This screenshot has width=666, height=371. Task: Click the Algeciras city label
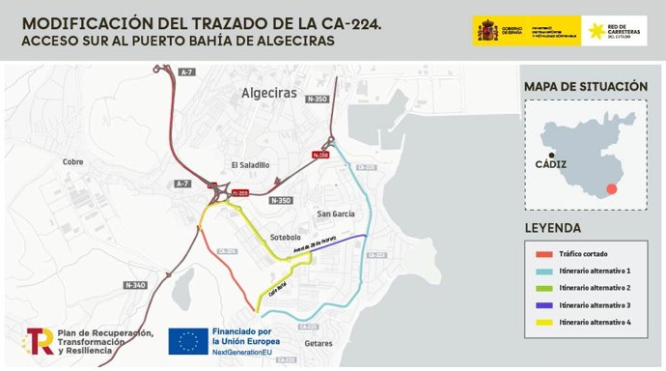click(267, 94)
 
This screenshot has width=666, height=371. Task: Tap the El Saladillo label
click(250, 165)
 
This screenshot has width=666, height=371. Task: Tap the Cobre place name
click(73, 162)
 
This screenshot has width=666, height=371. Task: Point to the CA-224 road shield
click(228, 251)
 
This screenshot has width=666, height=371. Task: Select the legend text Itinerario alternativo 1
click(595, 271)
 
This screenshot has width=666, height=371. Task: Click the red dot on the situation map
click(611, 190)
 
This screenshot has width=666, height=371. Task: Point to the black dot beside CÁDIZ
click(551, 156)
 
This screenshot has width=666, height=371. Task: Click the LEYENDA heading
click(553, 229)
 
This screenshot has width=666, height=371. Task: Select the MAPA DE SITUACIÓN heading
click(585, 87)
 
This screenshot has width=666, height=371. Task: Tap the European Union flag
click(188, 341)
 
